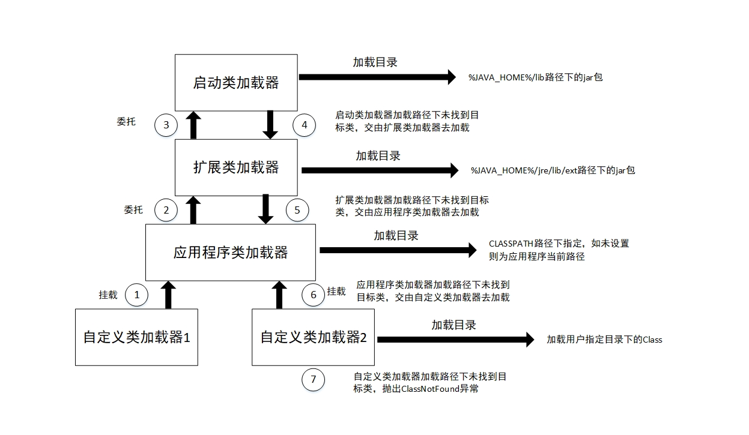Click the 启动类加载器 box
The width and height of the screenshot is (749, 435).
236,82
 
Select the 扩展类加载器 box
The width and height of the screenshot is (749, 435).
236,167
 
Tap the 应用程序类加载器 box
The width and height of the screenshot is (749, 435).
231,253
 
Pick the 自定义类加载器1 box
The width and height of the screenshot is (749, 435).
136,337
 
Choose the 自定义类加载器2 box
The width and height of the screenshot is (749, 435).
313,337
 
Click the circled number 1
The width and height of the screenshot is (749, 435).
137,295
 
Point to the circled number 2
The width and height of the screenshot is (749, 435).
166,210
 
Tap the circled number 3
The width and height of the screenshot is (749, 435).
166,125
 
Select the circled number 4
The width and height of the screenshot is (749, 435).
304,125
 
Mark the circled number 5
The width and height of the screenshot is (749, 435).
297,210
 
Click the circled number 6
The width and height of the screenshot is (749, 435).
313,295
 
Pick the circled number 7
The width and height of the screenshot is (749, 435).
313,380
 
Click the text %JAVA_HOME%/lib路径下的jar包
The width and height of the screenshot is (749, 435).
535,77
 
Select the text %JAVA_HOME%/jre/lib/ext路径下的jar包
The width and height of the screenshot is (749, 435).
553,170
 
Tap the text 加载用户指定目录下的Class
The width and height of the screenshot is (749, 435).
604,340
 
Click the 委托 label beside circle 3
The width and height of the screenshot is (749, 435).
126,122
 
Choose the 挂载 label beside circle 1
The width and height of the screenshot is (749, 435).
108,295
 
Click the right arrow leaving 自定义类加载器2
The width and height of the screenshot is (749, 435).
455,340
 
